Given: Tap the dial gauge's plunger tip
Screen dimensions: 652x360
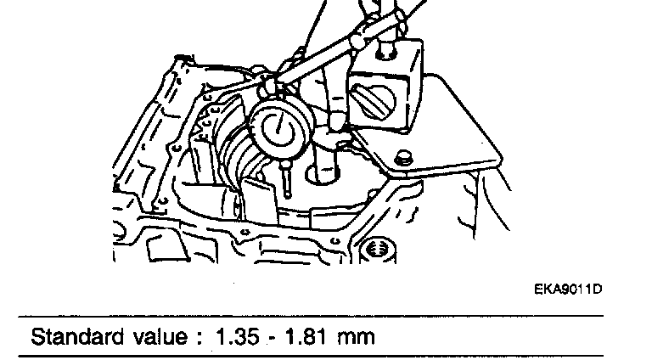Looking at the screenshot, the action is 285,195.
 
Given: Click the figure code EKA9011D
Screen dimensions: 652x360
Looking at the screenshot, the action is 568,290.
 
